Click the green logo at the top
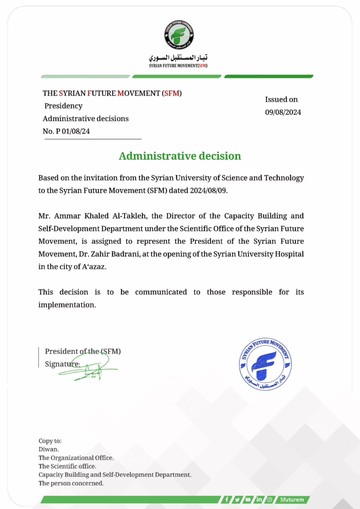[x=179, y=35]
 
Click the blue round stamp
[x=266, y=364]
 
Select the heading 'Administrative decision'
[x=180, y=156]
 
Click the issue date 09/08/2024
[x=283, y=112]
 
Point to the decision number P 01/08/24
[x=73, y=131]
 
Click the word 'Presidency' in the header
[x=63, y=106]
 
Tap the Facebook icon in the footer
[x=227, y=500]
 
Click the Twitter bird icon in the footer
[x=238, y=500]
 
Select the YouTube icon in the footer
[x=248, y=500]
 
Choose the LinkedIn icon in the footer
[x=259, y=500]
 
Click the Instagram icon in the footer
[x=270, y=500]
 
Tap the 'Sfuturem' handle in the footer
[x=292, y=500]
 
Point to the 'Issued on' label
[x=281, y=99]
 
